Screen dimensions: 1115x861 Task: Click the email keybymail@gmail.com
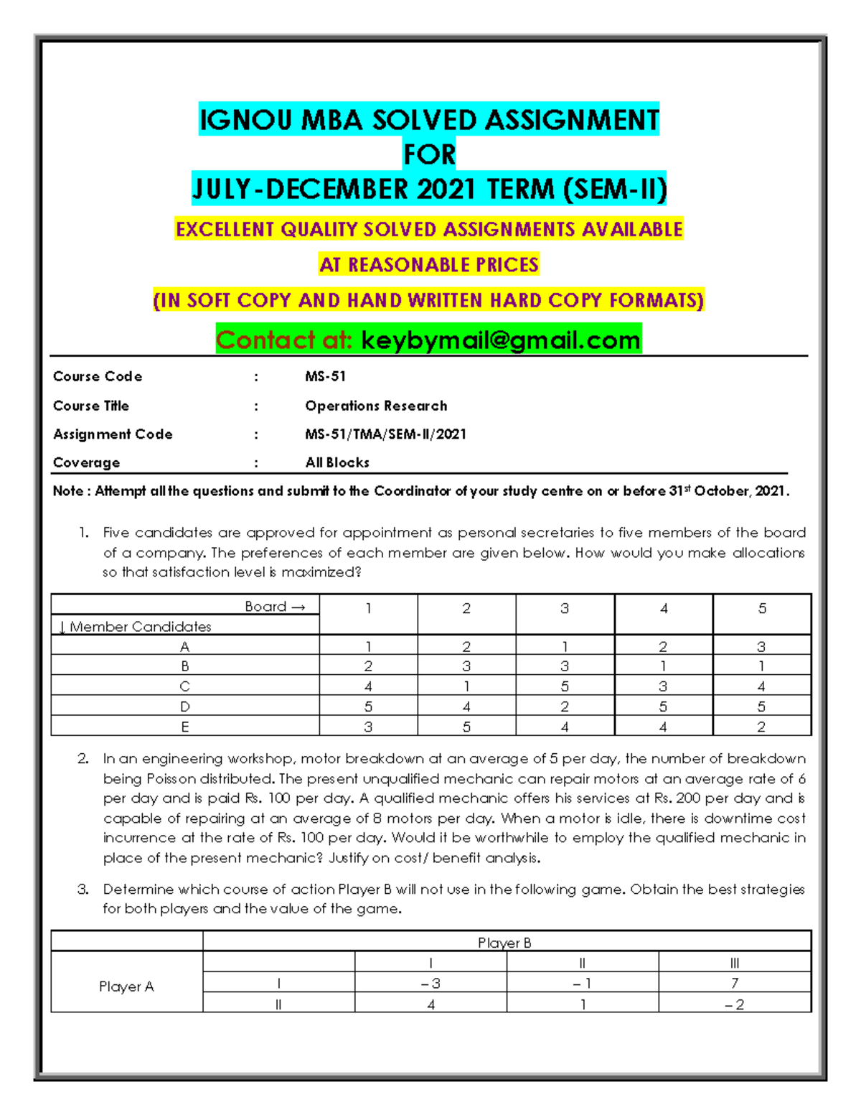point(500,340)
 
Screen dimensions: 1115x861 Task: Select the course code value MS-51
point(325,376)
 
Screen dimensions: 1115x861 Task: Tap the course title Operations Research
point(376,406)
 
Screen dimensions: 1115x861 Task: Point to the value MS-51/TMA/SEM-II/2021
point(385,434)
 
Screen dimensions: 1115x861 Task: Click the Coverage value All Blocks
point(337,463)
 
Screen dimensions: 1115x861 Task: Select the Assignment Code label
point(113,434)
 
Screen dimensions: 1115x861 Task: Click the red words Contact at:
point(284,340)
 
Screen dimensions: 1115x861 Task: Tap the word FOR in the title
point(429,154)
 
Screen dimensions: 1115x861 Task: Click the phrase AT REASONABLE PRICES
point(429,265)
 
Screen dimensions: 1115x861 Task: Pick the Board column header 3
point(565,609)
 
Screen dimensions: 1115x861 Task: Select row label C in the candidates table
point(185,686)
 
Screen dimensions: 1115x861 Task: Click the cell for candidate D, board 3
point(565,706)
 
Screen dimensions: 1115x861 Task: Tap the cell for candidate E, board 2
point(466,727)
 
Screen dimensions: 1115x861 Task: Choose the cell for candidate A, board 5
point(761,647)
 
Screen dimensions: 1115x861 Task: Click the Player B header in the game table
point(505,943)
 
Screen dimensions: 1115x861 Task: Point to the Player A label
point(126,986)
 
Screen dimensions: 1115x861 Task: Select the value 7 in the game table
point(735,983)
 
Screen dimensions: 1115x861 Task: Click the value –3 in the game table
point(430,983)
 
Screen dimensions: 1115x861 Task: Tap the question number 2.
point(83,759)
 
